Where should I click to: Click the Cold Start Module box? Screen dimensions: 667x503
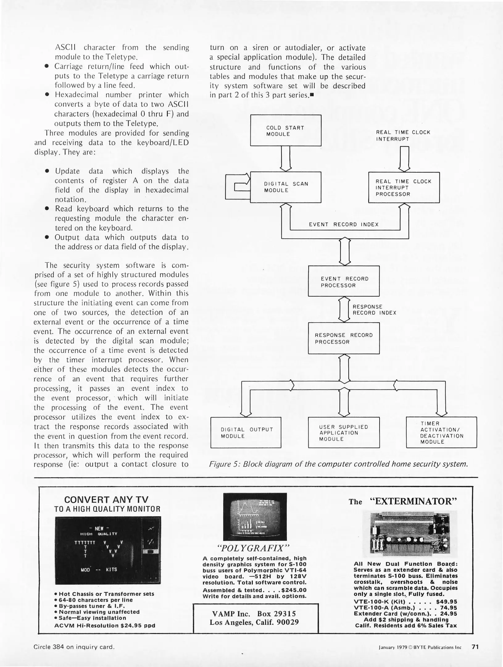(x=285, y=130)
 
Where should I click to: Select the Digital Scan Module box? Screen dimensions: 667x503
(x=285, y=187)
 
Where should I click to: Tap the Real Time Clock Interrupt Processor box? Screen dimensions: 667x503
(x=404, y=187)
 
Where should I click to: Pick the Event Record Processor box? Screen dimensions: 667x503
(x=343, y=281)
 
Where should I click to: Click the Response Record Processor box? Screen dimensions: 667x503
(x=343, y=338)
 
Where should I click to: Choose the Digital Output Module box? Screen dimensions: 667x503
(x=246, y=432)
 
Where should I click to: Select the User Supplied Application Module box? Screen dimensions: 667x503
(x=343, y=432)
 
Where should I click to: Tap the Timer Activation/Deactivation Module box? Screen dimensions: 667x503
(x=441, y=432)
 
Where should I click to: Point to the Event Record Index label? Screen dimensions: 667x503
(x=343, y=224)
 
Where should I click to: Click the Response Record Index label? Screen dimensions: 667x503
(x=374, y=310)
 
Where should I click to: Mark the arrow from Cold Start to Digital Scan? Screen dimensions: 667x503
(x=286, y=158)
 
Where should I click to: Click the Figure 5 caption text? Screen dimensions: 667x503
(x=338, y=464)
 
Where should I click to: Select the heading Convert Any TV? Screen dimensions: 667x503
(x=106, y=500)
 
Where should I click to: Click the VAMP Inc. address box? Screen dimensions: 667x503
(x=255, y=618)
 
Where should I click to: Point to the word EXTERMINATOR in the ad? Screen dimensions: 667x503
(x=413, y=501)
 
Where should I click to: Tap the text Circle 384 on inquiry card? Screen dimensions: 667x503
(x=74, y=647)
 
